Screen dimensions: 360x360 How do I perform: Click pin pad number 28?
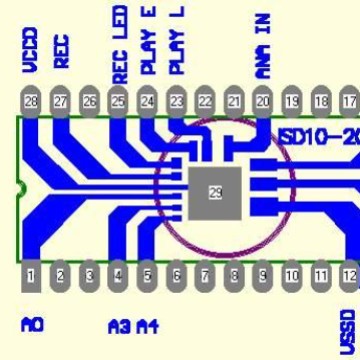click(31, 101)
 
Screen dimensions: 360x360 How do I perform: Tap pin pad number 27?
click(60, 101)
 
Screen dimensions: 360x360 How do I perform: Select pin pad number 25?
click(118, 101)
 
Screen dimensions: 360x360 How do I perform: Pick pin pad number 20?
click(263, 101)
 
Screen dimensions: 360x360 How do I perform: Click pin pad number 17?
click(349, 101)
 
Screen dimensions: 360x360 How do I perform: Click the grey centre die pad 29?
click(215, 192)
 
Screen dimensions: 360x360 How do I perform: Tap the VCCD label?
click(31, 50)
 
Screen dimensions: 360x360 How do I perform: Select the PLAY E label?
click(149, 42)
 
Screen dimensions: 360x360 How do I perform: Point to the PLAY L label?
click(178, 42)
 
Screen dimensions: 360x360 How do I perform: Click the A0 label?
click(32, 324)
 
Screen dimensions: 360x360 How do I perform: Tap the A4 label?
click(147, 325)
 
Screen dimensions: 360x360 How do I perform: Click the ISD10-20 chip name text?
click(318, 136)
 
